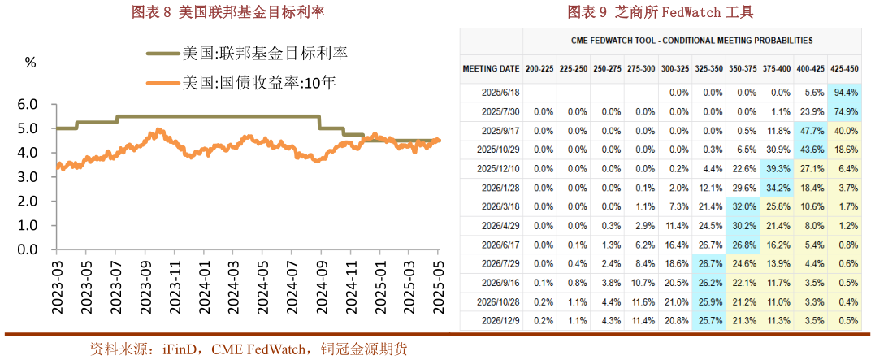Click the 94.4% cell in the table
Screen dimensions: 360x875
pos(847,93)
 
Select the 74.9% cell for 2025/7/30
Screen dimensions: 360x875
pos(847,111)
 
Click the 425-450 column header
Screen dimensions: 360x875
pos(845,69)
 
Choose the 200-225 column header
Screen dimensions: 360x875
pos(539,69)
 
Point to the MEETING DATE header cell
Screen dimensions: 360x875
pos(491,69)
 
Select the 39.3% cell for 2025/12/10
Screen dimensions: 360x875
pos(778,168)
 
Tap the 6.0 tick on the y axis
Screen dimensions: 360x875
pos(28,105)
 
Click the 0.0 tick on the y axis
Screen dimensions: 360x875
pos(28,249)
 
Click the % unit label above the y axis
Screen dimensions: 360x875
pos(31,62)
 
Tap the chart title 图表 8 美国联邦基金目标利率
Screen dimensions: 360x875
pos(221,13)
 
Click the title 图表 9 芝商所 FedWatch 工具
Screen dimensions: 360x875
pos(661,12)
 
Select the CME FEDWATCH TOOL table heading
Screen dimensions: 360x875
pos(691,40)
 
